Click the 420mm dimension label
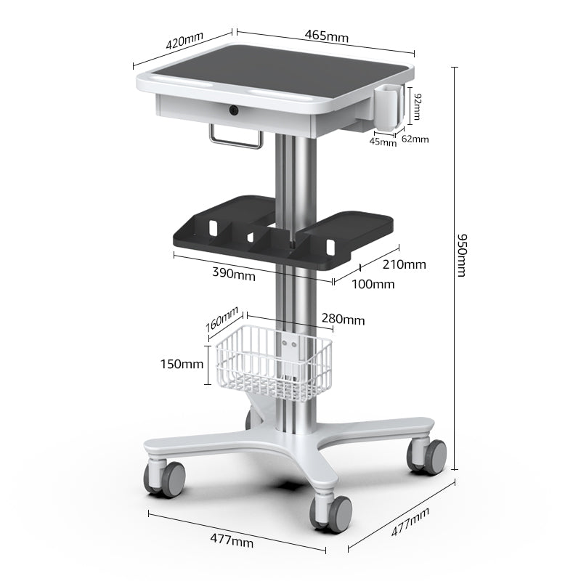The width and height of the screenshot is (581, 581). tap(184, 41)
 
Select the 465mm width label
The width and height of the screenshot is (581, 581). tap(327, 35)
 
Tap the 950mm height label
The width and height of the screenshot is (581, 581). tap(462, 255)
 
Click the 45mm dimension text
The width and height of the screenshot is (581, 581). tap(383, 142)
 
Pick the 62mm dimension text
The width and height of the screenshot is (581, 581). tap(415, 139)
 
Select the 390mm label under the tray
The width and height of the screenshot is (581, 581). tap(233, 275)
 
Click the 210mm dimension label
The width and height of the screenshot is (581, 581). tap(404, 264)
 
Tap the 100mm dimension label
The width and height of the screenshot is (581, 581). tap(373, 284)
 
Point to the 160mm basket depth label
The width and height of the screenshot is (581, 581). tap(222, 317)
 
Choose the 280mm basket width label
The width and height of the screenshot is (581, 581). tap(343, 320)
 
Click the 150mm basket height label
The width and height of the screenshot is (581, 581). tap(182, 363)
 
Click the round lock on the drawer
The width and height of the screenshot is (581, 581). tap(234, 110)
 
